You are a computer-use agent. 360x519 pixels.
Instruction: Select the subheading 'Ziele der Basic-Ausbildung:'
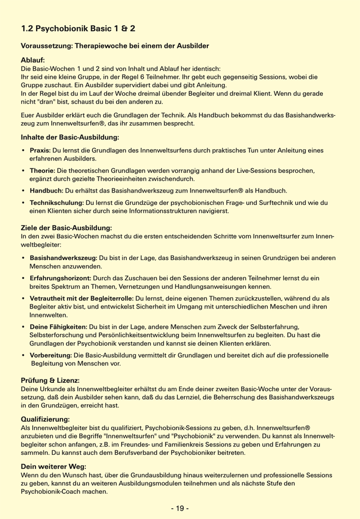tap(66, 227)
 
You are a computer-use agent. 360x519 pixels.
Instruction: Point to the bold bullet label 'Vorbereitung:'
tap(52, 355)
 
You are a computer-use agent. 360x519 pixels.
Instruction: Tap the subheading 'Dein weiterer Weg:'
tap(52, 467)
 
